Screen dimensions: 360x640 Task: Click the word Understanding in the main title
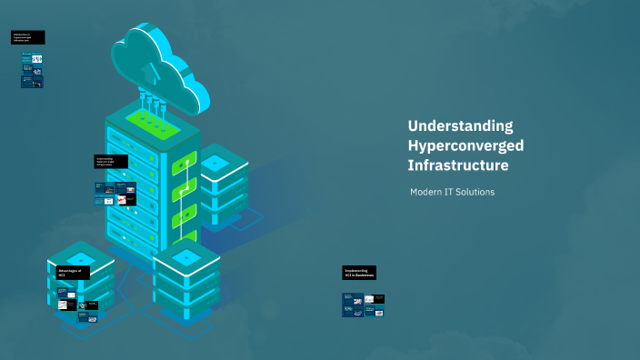point(460,125)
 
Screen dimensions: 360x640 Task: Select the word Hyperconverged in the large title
point(465,145)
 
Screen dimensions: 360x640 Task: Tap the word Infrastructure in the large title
point(457,165)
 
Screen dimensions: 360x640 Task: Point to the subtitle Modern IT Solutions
point(452,193)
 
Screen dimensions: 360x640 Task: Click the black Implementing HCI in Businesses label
point(360,273)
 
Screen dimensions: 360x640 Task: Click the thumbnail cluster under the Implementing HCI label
point(365,305)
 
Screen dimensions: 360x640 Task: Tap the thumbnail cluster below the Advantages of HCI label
point(77,305)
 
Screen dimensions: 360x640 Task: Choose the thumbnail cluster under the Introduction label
point(32,70)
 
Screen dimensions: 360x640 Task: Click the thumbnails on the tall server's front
point(115,193)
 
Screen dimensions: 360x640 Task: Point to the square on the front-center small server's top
point(187,257)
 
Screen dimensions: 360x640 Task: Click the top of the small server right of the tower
point(215,162)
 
